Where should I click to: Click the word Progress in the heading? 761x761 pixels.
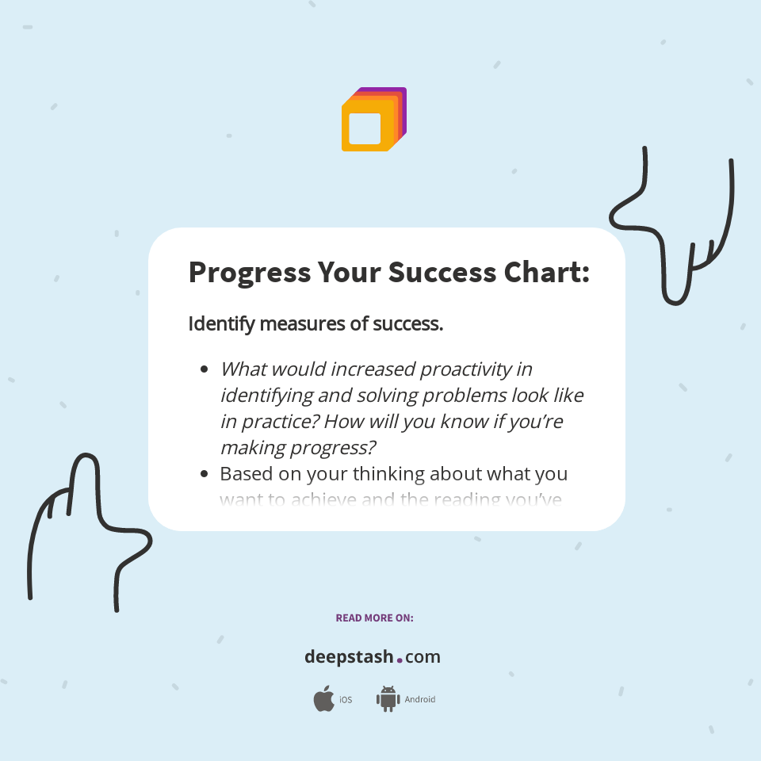click(x=249, y=273)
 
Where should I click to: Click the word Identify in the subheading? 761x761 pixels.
click(x=220, y=323)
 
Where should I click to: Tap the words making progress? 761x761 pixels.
click(x=297, y=447)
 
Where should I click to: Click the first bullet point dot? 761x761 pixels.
click(x=205, y=369)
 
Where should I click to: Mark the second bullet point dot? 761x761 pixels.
click(x=205, y=474)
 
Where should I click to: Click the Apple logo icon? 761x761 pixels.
click(x=323, y=699)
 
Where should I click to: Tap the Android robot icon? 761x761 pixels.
click(x=388, y=698)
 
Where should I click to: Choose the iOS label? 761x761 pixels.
click(x=346, y=700)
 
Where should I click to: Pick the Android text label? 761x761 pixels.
click(x=420, y=700)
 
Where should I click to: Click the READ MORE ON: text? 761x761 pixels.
click(x=374, y=618)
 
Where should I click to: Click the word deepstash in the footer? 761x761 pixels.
click(x=349, y=656)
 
